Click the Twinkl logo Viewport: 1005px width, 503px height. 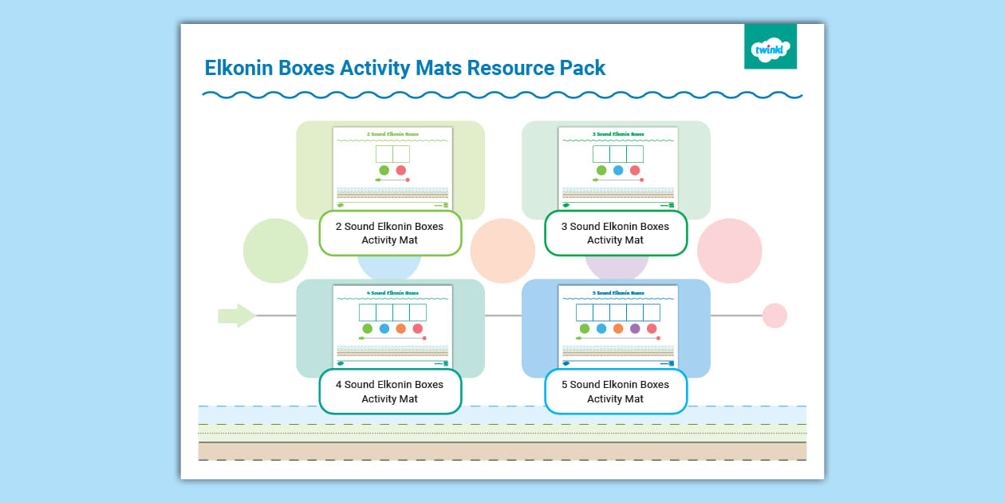tap(770, 46)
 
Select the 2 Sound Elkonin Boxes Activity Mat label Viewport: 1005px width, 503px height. tap(390, 233)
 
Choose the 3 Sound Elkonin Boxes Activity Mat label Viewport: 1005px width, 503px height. tap(615, 233)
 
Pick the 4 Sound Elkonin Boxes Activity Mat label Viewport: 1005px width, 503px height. tap(390, 391)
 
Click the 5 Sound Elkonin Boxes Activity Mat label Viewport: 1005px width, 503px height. tap(615, 391)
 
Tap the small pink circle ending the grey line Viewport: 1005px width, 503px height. tap(774, 315)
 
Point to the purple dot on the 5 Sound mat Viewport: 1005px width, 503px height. tap(635, 328)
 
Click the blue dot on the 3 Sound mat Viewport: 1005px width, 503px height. tap(618, 170)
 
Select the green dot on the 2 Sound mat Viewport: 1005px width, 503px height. tap(384, 170)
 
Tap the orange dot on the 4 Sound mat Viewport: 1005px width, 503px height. tap(400, 328)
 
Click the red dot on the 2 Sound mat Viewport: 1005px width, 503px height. tap(401, 170)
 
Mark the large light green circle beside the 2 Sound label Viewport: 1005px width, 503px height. tap(275, 251)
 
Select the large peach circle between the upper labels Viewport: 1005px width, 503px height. tap(503, 251)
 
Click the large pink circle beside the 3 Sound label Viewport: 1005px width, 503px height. tap(729, 251)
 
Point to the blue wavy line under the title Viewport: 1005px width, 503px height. tap(503, 95)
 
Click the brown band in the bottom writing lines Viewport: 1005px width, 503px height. tap(503, 451)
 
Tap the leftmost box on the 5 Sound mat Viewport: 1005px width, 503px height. tap(585, 312)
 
